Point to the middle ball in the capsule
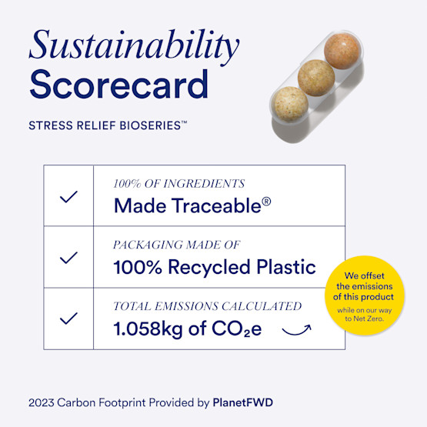pyautogui.click(x=316, y=75)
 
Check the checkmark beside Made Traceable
pyautogui.click(x=68, y=196)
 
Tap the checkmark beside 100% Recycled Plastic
pyautogui.click(x=68, y=258)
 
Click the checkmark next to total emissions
pyautogui.click(x=68, y=318)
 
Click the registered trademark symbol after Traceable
pyautogui.click(x=266, y=202)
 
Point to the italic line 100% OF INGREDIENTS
pyautogui.click(x=178, y=184)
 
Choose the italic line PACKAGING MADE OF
pyautogui.click(x=177, y=245)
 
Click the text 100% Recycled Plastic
pyautogui.click(x=215, y=267)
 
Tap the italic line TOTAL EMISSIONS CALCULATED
pyautogui.click(x=207, y=305)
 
